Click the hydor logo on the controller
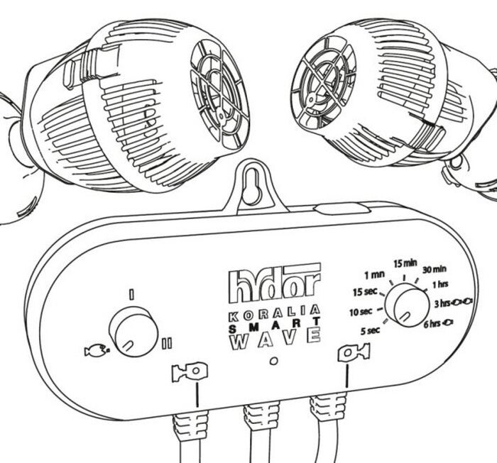(274, 283)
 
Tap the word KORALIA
(274, 310)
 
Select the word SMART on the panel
(274, 323)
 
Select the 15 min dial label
(405, 264)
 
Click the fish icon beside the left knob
(94, 350)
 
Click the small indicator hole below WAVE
(274, 360)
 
